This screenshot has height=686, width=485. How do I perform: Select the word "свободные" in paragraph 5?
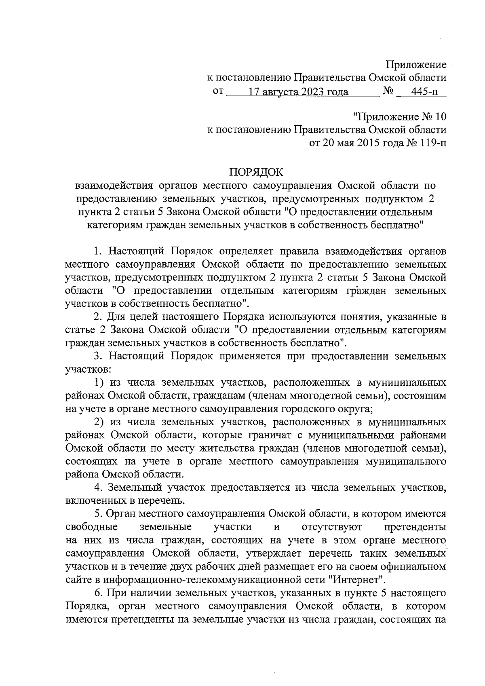click(91, 527)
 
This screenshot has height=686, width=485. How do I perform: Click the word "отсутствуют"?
click(332, 527)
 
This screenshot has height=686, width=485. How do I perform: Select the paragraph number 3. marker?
click(99, 356)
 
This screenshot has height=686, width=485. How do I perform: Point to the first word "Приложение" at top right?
click(416, 65)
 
